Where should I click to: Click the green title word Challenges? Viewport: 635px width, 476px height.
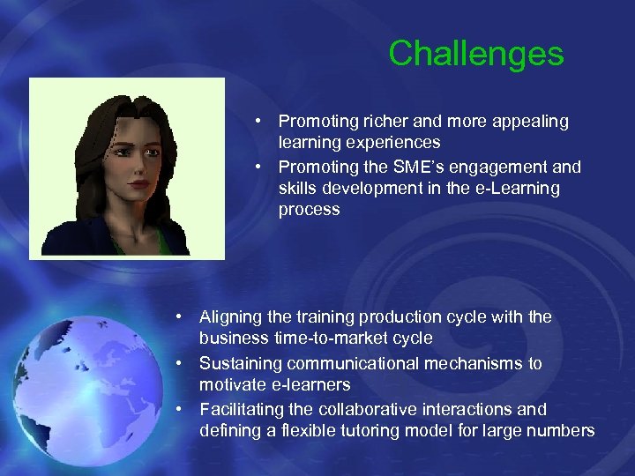475,54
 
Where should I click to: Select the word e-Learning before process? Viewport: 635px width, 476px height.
517,189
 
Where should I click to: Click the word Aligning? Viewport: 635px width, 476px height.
232,317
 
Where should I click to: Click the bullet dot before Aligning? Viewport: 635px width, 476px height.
179,316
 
